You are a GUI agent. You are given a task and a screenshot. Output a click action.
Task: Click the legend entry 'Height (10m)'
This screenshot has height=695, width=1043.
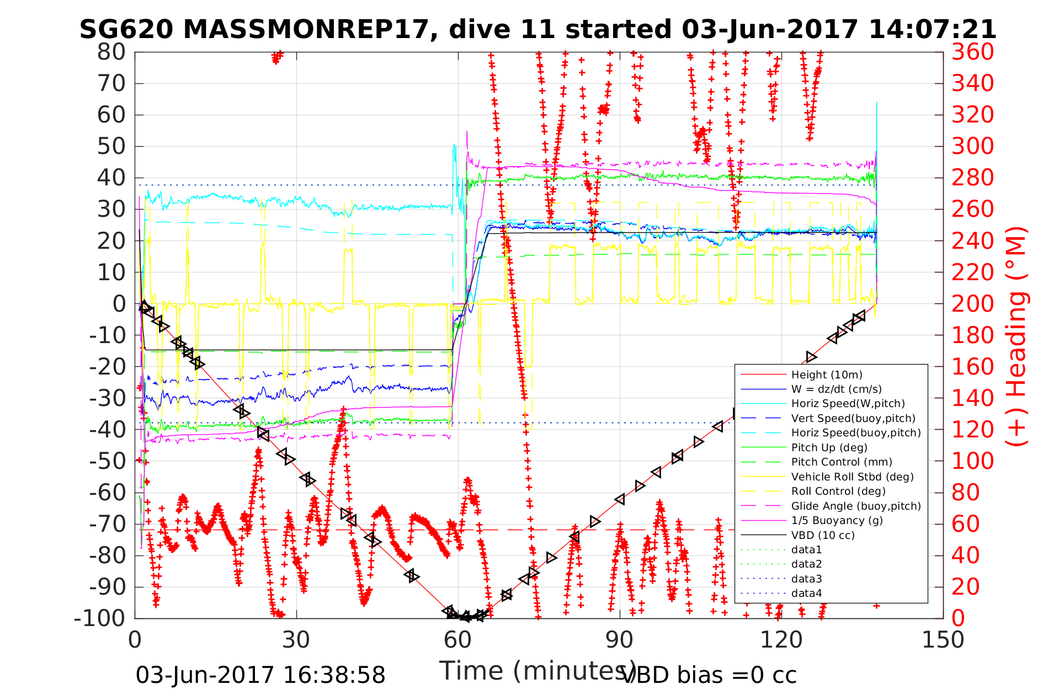[x=827, y=375]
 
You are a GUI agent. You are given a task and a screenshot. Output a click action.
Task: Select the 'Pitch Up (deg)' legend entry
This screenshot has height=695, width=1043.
[x=829, y=448]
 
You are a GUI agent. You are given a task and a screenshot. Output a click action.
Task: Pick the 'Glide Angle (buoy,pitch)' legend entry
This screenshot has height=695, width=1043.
[x=856, y=506]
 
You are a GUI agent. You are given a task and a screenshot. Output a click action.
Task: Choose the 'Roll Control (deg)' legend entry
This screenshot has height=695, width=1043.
[x=838, y=491]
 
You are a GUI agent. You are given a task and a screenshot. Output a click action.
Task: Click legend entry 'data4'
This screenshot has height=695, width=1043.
[x=806, y=594]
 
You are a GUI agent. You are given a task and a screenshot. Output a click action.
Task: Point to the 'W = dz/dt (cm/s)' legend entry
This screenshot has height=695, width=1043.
[x=837, y=389]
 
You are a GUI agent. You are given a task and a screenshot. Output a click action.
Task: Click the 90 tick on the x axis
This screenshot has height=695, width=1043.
[x=620, y=640]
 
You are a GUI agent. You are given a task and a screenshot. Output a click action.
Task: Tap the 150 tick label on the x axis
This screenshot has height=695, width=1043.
[x=943, y=640]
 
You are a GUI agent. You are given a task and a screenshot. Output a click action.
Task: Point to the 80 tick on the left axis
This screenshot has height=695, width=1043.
[x=112, y=52]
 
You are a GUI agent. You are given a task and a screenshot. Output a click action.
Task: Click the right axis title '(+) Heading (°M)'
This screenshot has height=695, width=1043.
[x=1016, y=336]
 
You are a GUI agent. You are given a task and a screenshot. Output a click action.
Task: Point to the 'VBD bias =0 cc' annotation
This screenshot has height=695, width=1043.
[x=709, y=675]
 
